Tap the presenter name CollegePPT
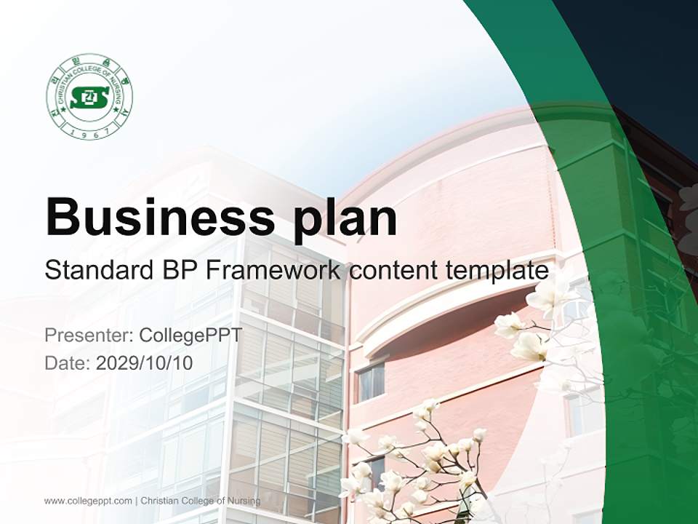(190, 336)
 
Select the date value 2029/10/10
(145, 362)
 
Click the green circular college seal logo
(89, 97)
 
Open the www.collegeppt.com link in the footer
(88, 501)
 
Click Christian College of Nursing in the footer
(201, 501)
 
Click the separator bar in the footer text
(137, 501)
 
